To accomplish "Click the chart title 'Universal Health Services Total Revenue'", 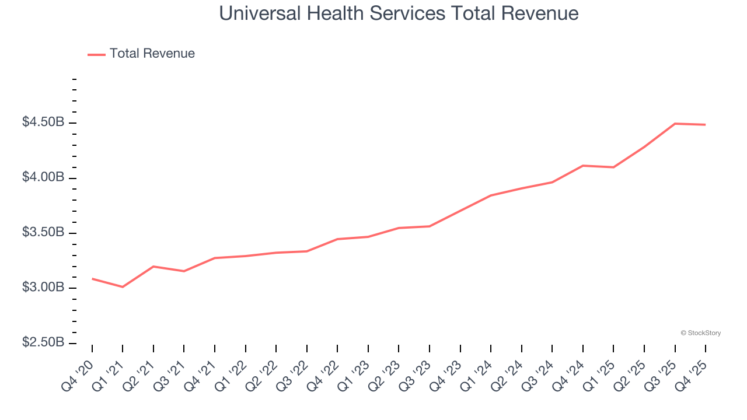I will click(x=399, y=13).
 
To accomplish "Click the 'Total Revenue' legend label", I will click(x=152, y=54).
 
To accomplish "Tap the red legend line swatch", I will click(x=96, y=54).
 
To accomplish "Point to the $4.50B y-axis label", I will click(x=43, y=123).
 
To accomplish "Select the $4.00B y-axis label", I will click(x=43, y=177).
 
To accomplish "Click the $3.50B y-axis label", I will click(x=43, y=233).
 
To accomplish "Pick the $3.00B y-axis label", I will click(x=43, y=288).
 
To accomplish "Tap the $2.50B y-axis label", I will click(x=43, y=342).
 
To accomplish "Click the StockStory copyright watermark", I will click(x=700, y=333).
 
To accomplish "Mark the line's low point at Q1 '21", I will click(x=123, y=287).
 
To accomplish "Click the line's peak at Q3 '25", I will click(x=675, y=124).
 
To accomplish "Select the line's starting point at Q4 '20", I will click(x=92, y=279).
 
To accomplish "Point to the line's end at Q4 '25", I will click(x=706, y=125).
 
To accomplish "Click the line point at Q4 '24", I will click(x=583, y=166).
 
